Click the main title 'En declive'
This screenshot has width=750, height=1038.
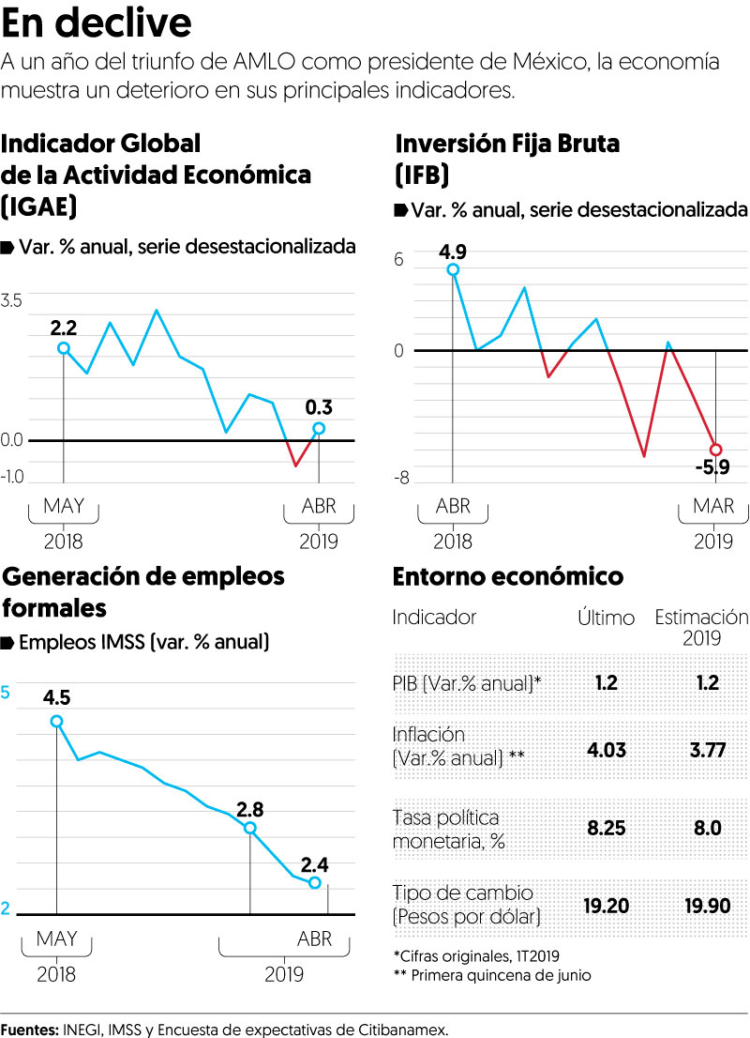(x=97, y=23)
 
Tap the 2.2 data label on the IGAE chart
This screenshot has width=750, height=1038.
(x=64, y=328)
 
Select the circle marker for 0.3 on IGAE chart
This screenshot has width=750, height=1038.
(x=319, y=428)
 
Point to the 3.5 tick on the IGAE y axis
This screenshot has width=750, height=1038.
(x=13, y=300)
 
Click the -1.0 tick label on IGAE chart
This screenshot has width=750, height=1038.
(x=13, y=476)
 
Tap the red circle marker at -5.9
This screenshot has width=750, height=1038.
(x=716, y=450)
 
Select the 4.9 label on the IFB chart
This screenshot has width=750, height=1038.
(x=453, y=251)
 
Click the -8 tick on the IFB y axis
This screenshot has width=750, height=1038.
(x=401, y=479)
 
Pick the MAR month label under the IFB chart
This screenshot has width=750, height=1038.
(x=712, y=507)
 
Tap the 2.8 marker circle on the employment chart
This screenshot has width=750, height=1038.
(x=250, y=828)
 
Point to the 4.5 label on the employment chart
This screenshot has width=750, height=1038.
(x=56, y=698)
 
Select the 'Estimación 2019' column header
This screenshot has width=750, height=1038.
(x=701, y=627)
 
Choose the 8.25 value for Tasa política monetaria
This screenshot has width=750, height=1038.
(x=606, y=830)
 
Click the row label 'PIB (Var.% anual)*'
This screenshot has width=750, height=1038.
(x=467, y=683)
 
